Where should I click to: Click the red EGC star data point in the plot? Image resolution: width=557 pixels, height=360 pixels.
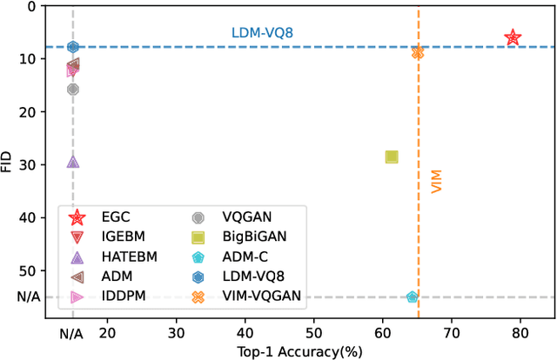(513, 37)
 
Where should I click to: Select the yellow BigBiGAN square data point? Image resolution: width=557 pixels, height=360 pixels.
(392, 157)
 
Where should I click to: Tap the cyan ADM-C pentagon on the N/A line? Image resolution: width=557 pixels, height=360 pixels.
(413, 297)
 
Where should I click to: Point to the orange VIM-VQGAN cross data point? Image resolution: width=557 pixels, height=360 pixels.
(418, 52)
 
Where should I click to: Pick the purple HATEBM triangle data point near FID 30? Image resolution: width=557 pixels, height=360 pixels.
(73, 162)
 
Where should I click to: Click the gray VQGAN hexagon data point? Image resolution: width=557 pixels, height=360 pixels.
(73, 89)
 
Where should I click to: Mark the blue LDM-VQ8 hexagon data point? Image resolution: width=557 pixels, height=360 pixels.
(73, 47)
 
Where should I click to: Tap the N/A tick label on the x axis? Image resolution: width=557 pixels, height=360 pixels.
(72, 332)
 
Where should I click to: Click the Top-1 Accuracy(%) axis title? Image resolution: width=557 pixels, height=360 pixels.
(299, 351)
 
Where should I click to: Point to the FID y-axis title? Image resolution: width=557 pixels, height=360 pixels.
(8, 162)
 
